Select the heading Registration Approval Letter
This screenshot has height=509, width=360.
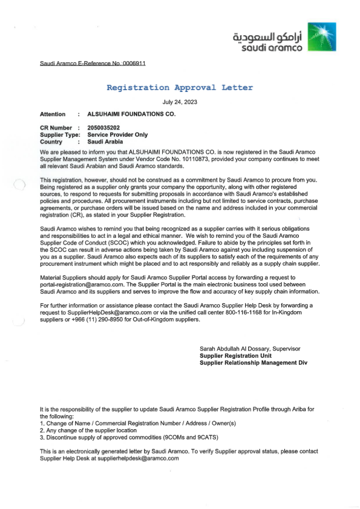[180, 88]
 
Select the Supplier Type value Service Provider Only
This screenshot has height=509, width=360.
[117, 135]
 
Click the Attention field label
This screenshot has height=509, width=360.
[53, 114]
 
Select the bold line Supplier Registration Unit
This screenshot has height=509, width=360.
[237, 356]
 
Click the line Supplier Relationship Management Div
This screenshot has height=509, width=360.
[254, 363]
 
